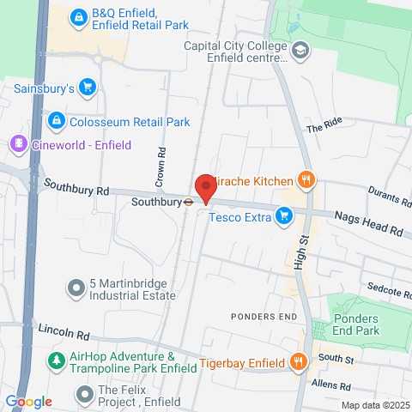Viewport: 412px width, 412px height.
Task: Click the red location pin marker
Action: [204, 187]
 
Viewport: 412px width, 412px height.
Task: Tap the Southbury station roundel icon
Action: [186, 203]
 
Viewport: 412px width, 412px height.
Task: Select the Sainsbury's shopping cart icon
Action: [86, 87]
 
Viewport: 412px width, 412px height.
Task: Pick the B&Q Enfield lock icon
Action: [78, 16]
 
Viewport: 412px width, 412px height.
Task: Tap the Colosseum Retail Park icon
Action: [57, 122]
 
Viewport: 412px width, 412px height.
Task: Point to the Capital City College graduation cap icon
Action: [300, 51]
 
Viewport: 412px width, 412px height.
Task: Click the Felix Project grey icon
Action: [84, 395]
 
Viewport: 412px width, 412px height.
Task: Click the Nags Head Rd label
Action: [368, 225]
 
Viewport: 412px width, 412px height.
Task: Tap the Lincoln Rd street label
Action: [64, 332]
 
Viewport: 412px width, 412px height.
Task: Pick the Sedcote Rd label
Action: [385, 289]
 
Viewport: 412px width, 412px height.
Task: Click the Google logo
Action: [28, 401]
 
